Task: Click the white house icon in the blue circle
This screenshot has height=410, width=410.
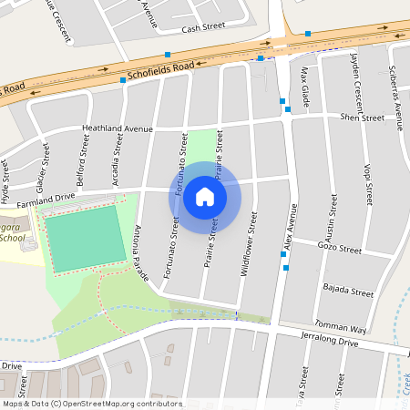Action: [205, 197]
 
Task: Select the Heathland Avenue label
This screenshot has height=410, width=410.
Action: [118, 129]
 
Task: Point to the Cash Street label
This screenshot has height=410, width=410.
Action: [202, 29]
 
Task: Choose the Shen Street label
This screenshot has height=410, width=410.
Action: [363, 118]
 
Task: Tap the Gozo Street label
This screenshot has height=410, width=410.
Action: [340, 249]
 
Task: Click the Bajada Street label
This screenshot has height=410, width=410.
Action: [348, 293]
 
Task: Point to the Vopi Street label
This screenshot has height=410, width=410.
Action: [368, 182]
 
